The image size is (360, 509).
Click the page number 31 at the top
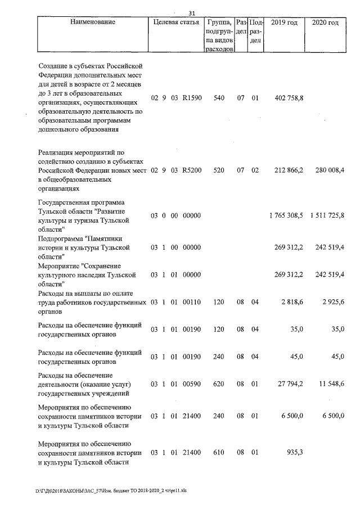191,13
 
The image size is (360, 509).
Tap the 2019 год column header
284,22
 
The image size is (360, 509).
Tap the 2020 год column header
325,22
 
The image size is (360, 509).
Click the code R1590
192,98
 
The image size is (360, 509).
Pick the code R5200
192,169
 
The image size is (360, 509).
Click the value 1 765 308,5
286,215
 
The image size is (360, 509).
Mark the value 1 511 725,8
326,215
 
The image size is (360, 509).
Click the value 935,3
295,452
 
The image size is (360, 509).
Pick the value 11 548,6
330,384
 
